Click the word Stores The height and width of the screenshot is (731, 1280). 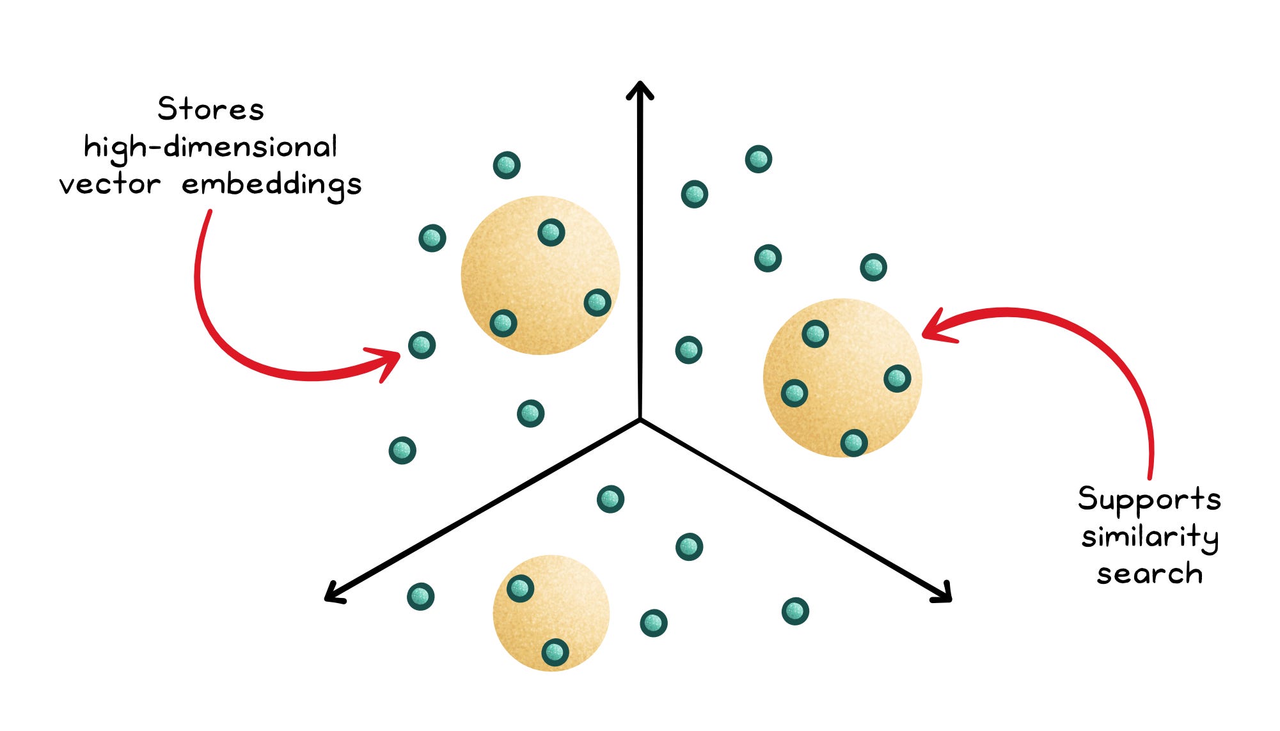pyautogui.click(x=210, y=109)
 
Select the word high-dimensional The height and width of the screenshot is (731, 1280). pyautogui.click(x=210, y=148)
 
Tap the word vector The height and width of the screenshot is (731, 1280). pyautogui.click(x=110, y=185)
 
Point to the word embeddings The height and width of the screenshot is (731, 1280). pyautogui.click(x=272, y=185)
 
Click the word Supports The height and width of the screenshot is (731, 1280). pyautogui.click(x=1149, y=499)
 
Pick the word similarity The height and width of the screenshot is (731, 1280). pyautogui.click(x=1150, y=537)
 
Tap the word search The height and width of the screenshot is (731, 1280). pyautogui.click(x=1150, y=574)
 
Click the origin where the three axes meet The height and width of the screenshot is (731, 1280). pyautogui.click(x=640, y=420)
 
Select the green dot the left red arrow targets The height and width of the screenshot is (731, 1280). pyautogui.click(x=422, y=345)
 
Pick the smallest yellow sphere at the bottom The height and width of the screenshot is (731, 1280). pyautogui.click(x=551, y=613)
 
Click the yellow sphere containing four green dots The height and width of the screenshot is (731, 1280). pyautogui.click(x=842, y=377)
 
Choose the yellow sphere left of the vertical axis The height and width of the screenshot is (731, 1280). pyautogui.click(x=541, y=275)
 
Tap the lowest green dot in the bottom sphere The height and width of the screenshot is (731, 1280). pyautogui.click(x=555, y=652)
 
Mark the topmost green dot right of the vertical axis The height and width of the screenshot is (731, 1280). pyautogui.click(x=759, y=159)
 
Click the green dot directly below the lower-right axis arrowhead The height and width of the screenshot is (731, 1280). pyautogui.click(x=795, y=611)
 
